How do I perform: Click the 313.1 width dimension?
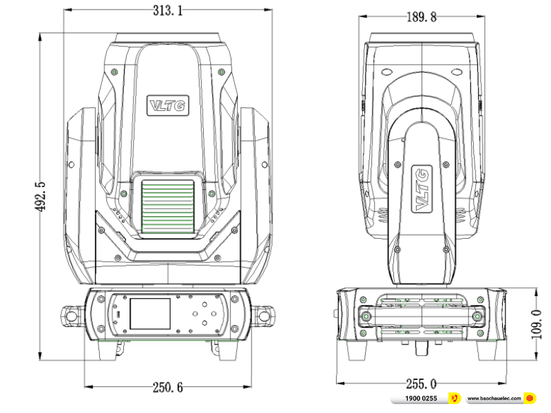click(165, 12)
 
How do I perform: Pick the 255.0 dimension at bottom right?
click(420, 383)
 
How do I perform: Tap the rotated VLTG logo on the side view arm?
click(420, 188)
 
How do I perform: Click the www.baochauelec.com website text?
click(493, 399)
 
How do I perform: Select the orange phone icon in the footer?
click(454, 399)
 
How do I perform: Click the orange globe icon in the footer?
click(530, 399)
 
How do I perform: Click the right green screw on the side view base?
click(477, 316)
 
